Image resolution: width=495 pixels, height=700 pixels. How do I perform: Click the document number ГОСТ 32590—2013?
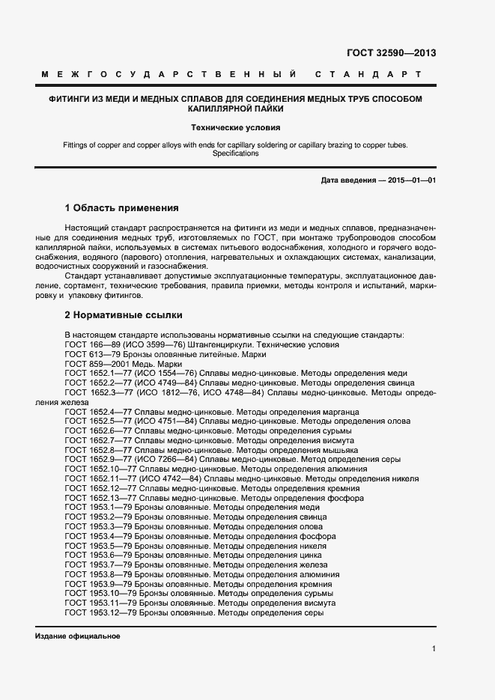coord(391,53)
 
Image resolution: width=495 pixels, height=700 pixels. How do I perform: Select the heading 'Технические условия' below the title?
coord(236,127)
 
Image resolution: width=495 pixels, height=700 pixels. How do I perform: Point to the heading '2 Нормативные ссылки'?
coord(123,315)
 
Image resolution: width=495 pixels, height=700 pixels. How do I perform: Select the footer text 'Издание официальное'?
coord(77,636)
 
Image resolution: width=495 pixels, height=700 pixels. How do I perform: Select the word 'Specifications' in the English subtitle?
coord(236,153)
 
